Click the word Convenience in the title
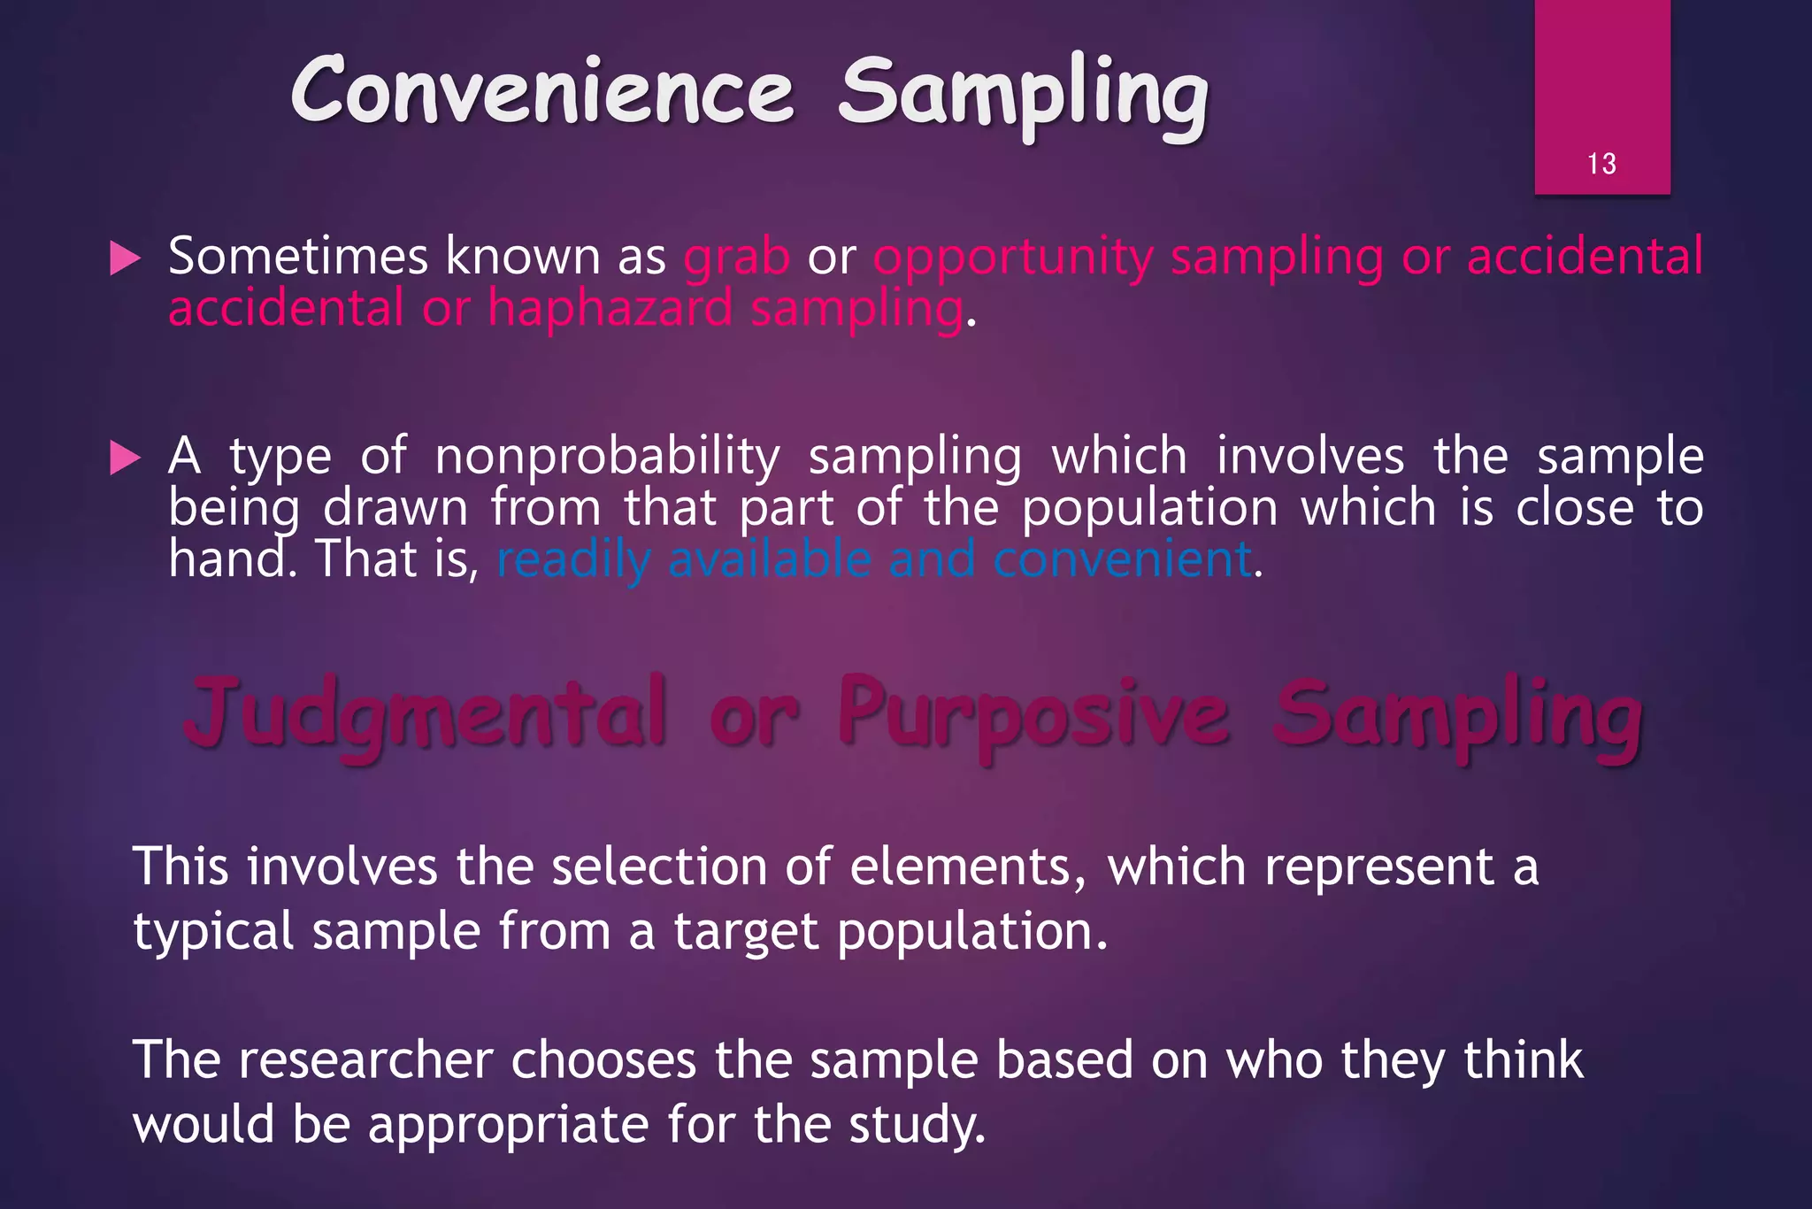tap(541, 92)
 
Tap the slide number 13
tap(1601, 164)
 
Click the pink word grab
tap(736, 258)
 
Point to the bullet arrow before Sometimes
tap(125, 259)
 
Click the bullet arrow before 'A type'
tap(125, 458)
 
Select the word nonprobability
tap(607, 458)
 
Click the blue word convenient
tap(1122, 559)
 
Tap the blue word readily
tap(573, 561)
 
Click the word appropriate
tap(509, 1125)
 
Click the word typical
tap(212, 933)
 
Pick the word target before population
tap(746, 933)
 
